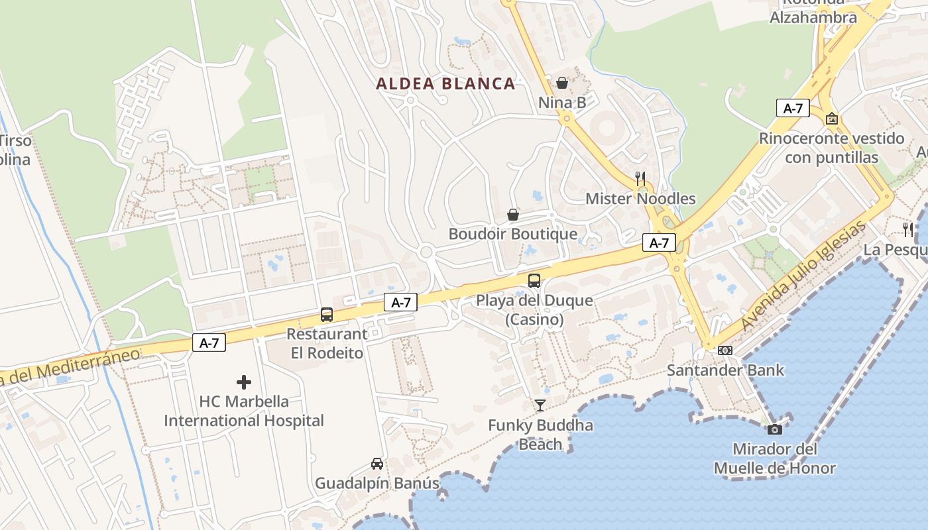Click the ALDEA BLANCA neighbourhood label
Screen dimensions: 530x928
pyautogui.click(x=445, y=83)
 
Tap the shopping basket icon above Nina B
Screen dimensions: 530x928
pyautogui.click(x=562, y=83)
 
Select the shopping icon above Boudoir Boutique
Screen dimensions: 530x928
pyautogui.click(x=513, y=215)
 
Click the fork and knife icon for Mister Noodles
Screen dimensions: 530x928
pyautogui.click(x=640, y=178)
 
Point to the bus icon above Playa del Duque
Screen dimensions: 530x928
pyautogui.click(x=534, y=280)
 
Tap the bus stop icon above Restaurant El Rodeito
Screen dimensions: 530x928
pyautogui.click(x=327, y=315)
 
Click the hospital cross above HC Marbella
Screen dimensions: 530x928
pyautogui.click(x=244, y=382)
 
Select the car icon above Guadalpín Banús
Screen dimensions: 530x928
pyautogui.click(x=377, y=464)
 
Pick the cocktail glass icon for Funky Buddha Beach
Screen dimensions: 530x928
pyautogui.click(x=540, y=405)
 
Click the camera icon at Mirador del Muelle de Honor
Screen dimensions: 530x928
pyautogui.click(x=774, y=429)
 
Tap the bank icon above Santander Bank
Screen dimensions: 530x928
pyautogui.click(x=725, y=350)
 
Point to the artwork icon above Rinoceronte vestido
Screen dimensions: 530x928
pyautogui.click(x=832, y=119)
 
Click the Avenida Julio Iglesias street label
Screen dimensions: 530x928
pyautogui.click(x=803, y=276)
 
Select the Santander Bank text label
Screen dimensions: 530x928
pyautogui.click(x=725, y=370)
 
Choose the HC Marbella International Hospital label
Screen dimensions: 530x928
pyautogui.click(x=244, y=411)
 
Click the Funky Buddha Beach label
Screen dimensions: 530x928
pyautogui.click(x=540, y=435)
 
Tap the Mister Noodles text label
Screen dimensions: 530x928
pyautogui.click(x=640, y=199)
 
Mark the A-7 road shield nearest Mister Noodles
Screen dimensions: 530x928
pyautogui.click(x=659, y=243)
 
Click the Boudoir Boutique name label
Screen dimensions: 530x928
pyautogui.click(x=513, y=234)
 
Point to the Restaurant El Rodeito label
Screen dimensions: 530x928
pyautogui.click(x=327, y=344)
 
